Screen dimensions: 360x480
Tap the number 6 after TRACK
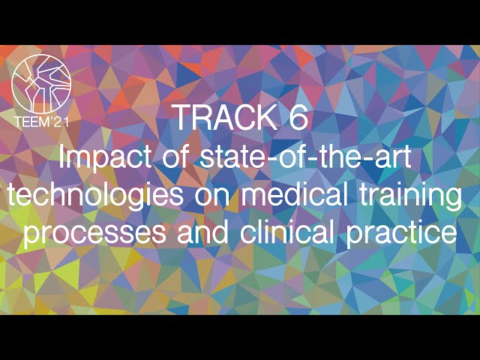coord(296,118)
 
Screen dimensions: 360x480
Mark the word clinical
coord(289,233)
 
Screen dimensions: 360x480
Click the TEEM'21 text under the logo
coord(42,121)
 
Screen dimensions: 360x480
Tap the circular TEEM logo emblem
coord(42,83)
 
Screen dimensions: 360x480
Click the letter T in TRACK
coord(181,118)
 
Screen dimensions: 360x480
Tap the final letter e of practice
coord(448,235)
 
